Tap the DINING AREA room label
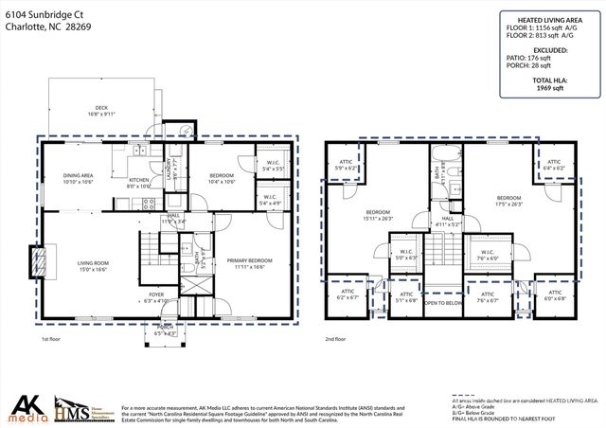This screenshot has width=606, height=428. pyautogui.click(x=78, y=177)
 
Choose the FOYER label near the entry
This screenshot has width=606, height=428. pyautogui.click(x=156, y=296)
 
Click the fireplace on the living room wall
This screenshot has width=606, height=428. pyautogui.click(x=37, y=261)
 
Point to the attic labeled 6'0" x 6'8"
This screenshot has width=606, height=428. pyautogui.click(x=555, y=297)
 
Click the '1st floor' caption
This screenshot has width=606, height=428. pyautogui.click(x=51, y=338)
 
